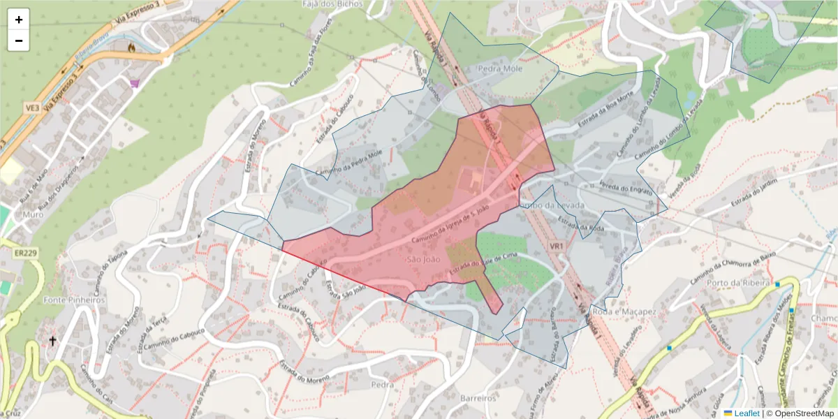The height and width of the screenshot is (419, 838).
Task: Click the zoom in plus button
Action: point(19,20)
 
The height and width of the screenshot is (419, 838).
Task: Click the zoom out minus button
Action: point(19,41)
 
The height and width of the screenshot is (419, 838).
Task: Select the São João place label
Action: point(422,260)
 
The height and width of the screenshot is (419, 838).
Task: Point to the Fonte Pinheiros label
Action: point(74,300)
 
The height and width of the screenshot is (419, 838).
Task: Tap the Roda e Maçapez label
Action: point(624,311)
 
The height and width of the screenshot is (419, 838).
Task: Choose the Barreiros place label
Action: point(478,397)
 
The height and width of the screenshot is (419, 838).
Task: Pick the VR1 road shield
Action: point(557,247)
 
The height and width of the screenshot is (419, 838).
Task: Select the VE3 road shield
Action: point(32,108)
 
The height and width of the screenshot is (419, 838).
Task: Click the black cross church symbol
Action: point(52,341)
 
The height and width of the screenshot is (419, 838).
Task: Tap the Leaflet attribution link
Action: point(747,413)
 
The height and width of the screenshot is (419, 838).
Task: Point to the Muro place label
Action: point(32,214)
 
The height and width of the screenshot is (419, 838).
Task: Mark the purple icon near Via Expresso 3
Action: point(135,83)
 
